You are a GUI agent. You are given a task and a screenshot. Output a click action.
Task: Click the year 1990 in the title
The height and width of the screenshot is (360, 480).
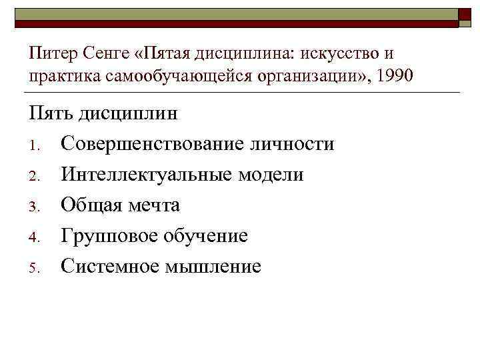pyautogui.click(x=395, y=76)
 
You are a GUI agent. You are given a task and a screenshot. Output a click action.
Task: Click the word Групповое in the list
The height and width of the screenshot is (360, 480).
pyautogui.click(x=103, y=235)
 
